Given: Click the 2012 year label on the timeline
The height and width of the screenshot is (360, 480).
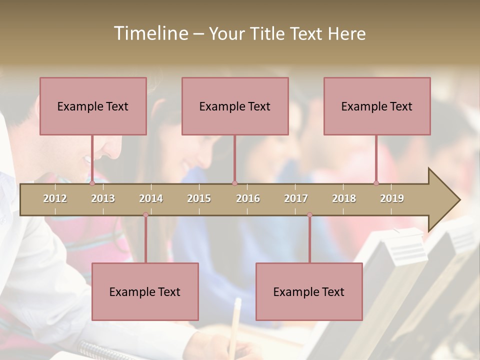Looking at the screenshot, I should [x=55, y=198].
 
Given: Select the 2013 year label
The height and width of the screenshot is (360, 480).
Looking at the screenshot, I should [x=103, y=198].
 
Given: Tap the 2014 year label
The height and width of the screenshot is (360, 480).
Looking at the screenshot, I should [x=151, y=198].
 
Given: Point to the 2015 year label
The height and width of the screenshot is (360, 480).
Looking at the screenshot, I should [x=199, y=198].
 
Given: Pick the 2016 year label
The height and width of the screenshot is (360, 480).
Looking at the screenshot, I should [x=248, y=198].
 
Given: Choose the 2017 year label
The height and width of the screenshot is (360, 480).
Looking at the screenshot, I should [x=296, y=198].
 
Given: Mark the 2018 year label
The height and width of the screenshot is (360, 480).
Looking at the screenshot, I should [x=344, y=198].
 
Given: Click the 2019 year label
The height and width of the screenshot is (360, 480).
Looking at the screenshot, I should [x=392, y=198].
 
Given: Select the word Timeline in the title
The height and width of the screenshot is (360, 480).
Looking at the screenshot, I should [x=150, y=33].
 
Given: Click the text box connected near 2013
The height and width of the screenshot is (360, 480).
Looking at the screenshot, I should [x=93, y=106].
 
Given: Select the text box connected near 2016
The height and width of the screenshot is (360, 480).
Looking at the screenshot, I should [x=235, y=106].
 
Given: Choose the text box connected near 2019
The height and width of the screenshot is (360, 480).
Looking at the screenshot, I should [x=377, y=106].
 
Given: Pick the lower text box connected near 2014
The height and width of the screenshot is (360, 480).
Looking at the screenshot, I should [x=145, y=291].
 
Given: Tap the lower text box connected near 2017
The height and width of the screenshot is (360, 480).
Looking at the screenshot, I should [x=309, y=291].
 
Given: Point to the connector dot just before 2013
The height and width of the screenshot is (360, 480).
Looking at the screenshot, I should [x=92, y=183].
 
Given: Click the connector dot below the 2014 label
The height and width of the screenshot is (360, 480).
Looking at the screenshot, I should [x=145, y=215].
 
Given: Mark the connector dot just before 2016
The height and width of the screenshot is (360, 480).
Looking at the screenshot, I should [x=234, y=183].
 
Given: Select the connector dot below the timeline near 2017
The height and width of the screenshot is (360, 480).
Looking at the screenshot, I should [x=309, y=215].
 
